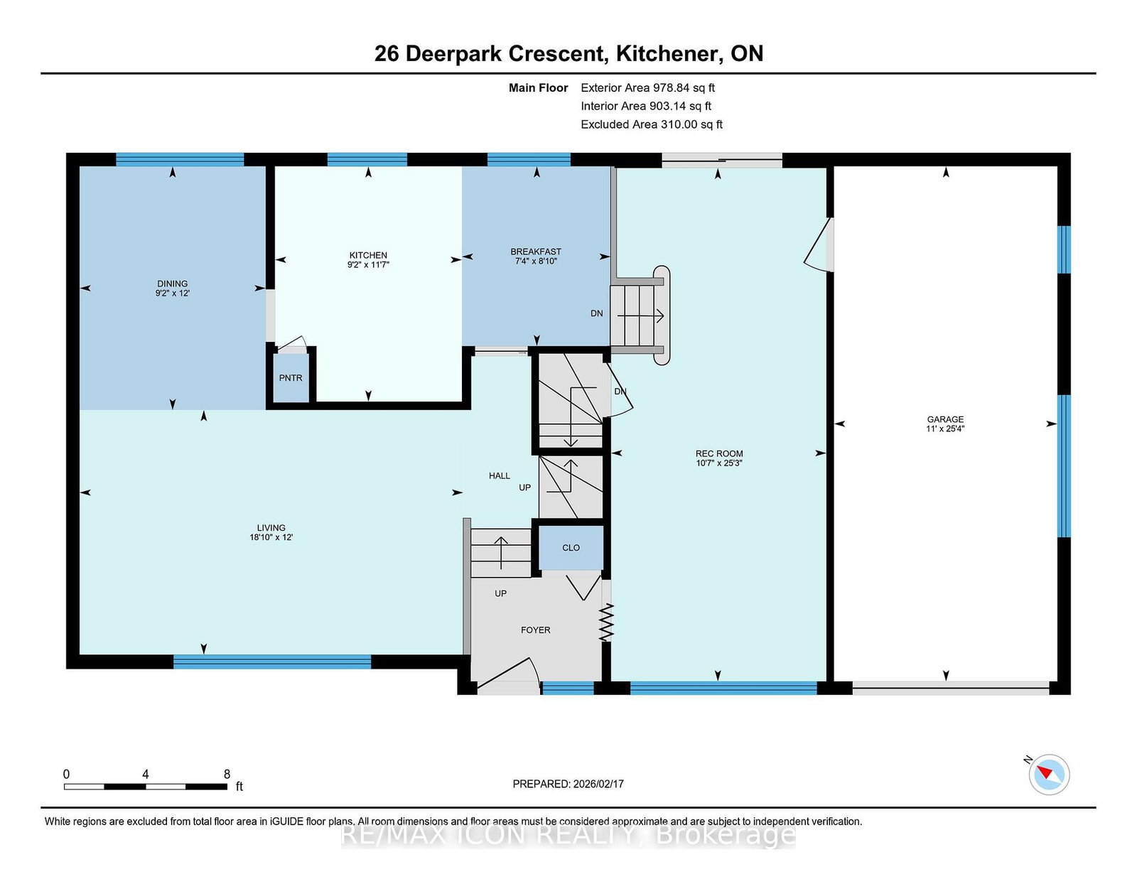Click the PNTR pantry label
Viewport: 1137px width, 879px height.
click(x=291, y=378)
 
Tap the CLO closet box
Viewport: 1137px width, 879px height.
click(x=571, y=548)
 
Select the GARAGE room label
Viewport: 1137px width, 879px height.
click(x=945, y=419)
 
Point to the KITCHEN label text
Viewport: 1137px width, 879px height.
click(x=368, y=255)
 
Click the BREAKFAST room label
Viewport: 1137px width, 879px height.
click(x=536, y=252)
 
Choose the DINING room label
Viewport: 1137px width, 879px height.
click(x=172, y=284)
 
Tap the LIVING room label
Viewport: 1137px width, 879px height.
click(x=271, y=528)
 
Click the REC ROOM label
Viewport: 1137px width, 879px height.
click(x=719, y=453)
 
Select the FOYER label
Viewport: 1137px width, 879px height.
click(x=535, y=630)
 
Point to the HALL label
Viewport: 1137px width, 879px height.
click(x=499, y=475)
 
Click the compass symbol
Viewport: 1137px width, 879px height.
click(x=1049, y=775)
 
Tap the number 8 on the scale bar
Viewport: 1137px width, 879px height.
click(x=227, y=775)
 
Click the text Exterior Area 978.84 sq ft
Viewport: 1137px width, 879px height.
click(x=648, y=88)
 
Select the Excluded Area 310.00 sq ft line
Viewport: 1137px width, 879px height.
click(x=652, y=124)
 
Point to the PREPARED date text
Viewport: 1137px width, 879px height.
click(x=568, y=784)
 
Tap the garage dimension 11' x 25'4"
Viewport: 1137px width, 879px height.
click(x=945, y=428)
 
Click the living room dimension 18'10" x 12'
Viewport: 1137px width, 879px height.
click(x=271, y=536)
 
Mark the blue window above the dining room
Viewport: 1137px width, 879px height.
click(x=180, y=160)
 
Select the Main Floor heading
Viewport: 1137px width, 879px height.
click(x=538, y=88)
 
